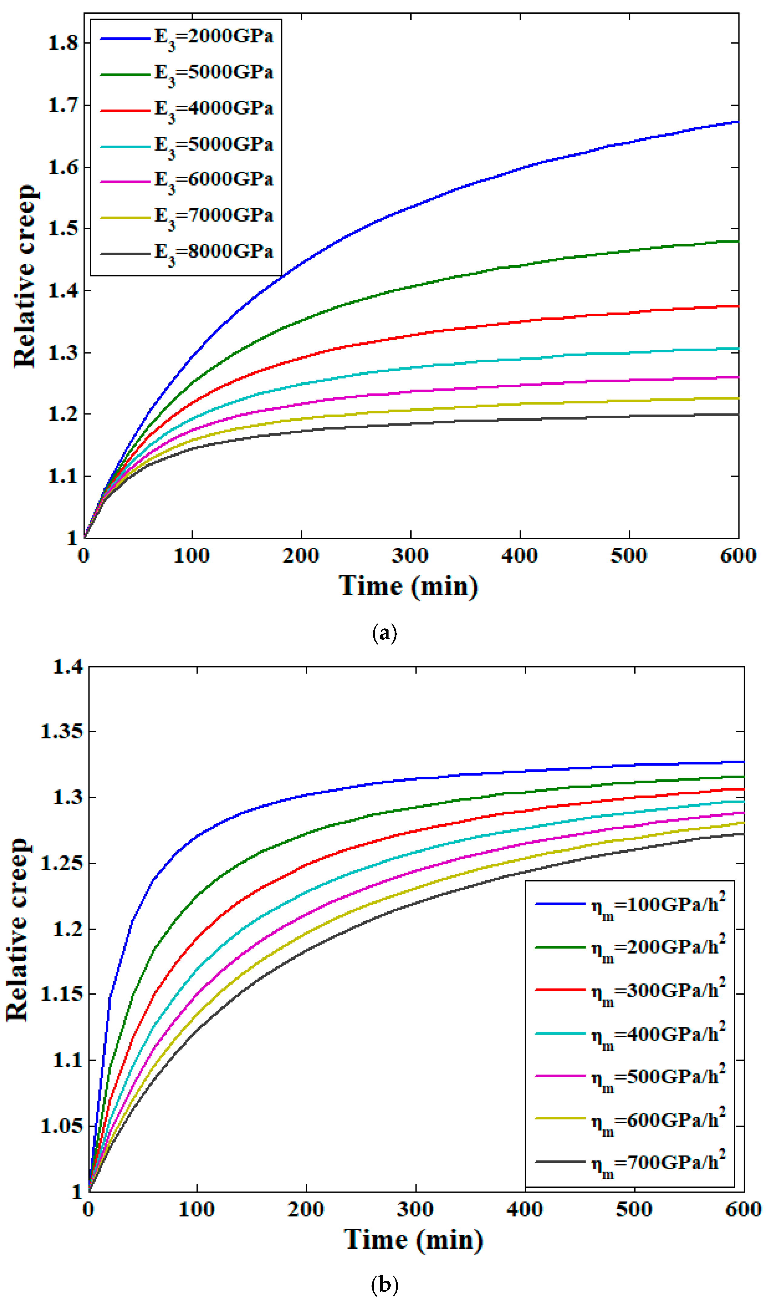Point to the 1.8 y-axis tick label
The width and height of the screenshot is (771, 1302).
pos(62,43)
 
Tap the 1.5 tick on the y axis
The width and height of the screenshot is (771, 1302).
pos(62,229)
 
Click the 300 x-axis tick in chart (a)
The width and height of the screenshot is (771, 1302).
pos(410,556)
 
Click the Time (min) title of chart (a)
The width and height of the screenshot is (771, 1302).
pos(408,586)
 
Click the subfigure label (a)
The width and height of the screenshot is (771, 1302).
pos(385,633)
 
